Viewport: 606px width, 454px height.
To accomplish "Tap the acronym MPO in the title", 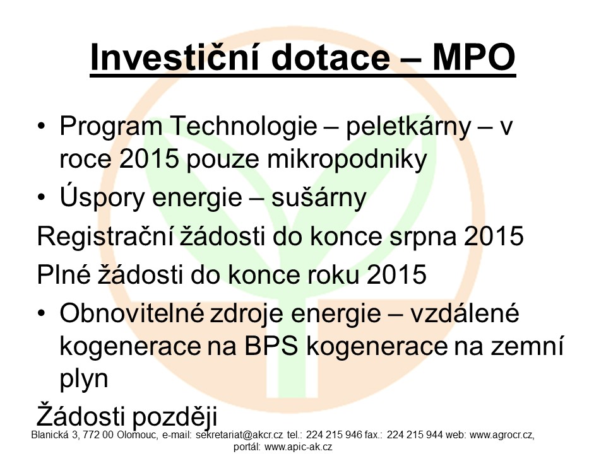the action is (474, 57).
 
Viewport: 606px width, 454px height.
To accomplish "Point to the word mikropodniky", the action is (347, 160).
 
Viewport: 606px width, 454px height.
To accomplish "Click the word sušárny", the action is (318, 198).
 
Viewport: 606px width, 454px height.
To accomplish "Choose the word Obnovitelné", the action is (132, 313).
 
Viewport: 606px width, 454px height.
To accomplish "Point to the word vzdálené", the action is (464, 313).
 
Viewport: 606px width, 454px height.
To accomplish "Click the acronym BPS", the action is (271, 346).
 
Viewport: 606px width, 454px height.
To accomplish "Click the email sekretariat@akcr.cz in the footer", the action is (240, 436).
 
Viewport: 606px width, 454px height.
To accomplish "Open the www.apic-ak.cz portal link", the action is (299, 448).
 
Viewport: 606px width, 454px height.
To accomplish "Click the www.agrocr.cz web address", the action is (502, 436).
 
